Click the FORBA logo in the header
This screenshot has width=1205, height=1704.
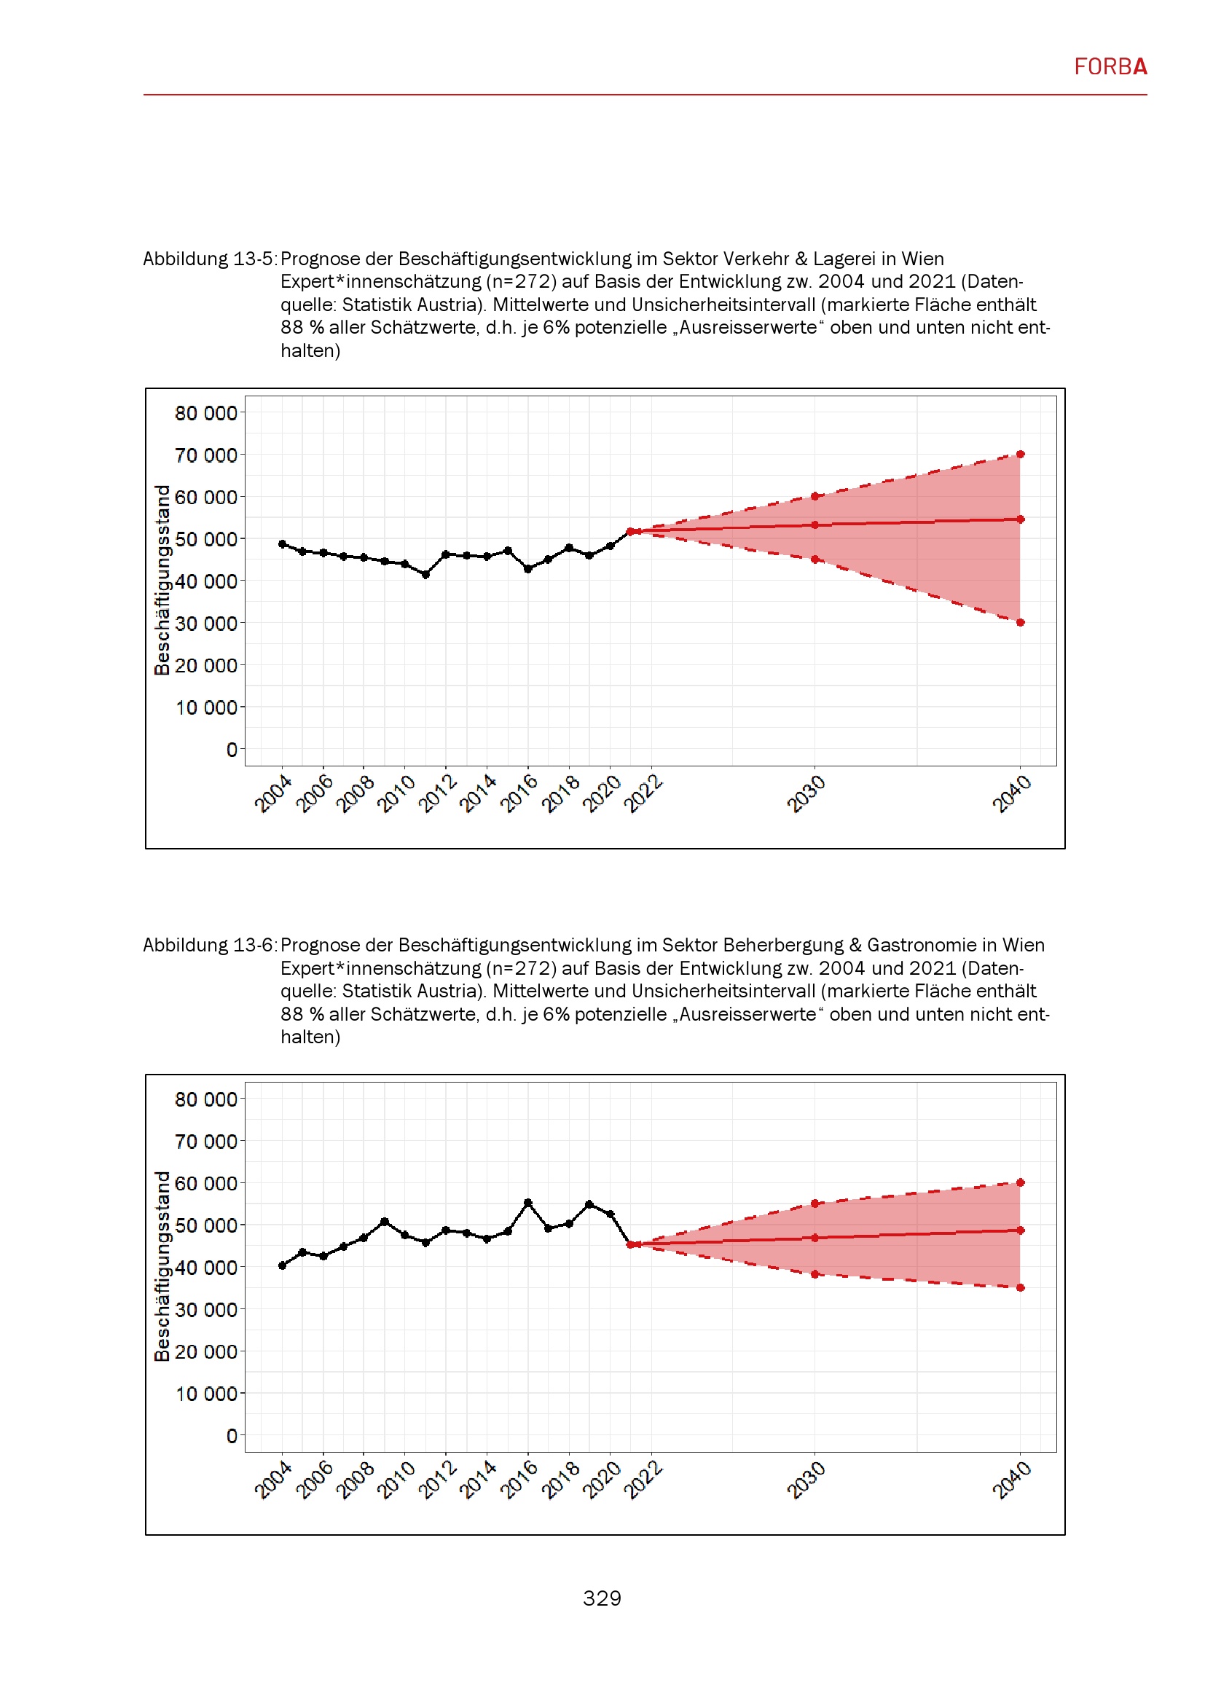1110,67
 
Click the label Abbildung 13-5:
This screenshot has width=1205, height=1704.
209,259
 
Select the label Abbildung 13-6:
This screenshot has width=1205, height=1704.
209,945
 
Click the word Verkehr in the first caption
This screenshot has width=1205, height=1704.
755,259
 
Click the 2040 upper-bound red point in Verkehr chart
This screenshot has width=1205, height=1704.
1020,454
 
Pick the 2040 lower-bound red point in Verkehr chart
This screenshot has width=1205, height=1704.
1020,623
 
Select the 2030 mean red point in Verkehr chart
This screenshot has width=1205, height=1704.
815,525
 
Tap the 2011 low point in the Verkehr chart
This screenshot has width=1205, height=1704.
425,574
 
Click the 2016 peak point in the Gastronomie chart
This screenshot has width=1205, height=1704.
527,1203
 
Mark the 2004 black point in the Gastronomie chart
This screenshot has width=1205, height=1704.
282,1265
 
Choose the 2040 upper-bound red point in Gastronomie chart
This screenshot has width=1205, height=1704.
1020,1182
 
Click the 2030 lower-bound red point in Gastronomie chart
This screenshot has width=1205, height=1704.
815,1274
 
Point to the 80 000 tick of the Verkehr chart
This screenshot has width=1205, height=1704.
205,413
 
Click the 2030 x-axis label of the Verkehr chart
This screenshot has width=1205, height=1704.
806,793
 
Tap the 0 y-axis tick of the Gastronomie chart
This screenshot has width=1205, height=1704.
232,1436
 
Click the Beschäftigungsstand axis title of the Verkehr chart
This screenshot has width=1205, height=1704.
162,580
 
